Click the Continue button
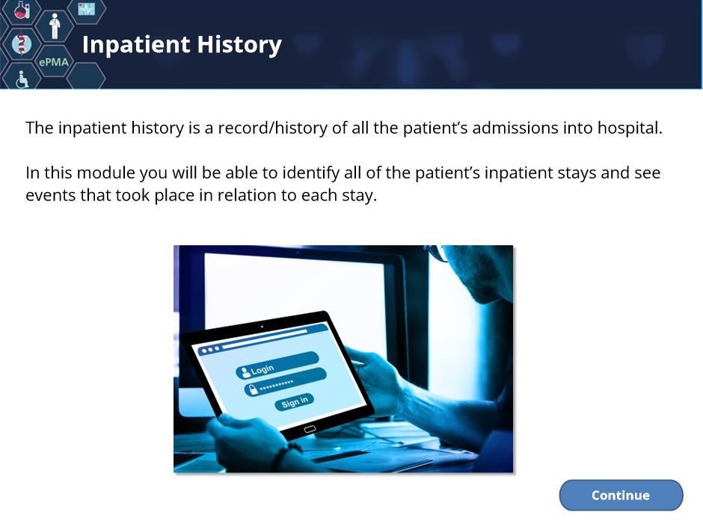(x=621, y=495)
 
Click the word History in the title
(x=239, y=46)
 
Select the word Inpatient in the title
(x=136, y=46)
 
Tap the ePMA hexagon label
(x=54, y=62)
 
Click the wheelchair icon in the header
(x=22, y=79)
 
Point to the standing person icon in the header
(x=55, y=26)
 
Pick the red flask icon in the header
(x=22, y=10)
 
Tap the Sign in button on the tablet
(x=294, y=401)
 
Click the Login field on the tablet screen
(x=277, y=365)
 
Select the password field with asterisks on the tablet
(x=285, y=381)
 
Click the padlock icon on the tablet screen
(x=253, y=389)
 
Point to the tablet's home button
(x=310, y=429)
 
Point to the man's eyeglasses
(x=438, y=253)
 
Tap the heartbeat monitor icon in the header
(x=87, y=8)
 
